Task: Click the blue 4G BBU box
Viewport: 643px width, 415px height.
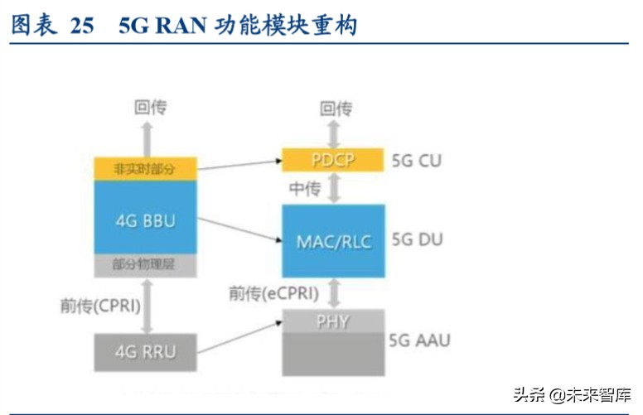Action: click(x=145, y=220)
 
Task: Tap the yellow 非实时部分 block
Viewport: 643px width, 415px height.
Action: click(x=145, y=169)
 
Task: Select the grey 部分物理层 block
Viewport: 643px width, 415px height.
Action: click(x=145, y=265)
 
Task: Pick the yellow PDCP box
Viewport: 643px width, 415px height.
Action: click(x=333, y=160)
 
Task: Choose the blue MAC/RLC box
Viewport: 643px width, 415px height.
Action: click(x=333, y=241)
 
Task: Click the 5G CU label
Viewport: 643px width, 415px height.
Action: click(x=417, y=160)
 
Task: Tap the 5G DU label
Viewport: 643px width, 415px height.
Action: click(x=417, y=240)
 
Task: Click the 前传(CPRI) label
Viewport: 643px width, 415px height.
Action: click(x=100, y=305)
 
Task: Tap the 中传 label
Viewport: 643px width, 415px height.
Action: click(x=304, y=190)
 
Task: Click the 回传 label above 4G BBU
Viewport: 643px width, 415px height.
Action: click(x=150, y=107)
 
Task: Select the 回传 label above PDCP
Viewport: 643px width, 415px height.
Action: click(x=336, y=108)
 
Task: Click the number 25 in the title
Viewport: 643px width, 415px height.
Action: click(x=82, y=26)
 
